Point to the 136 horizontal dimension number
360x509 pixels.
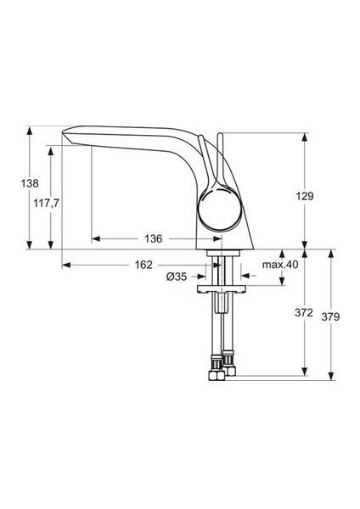coord(154,238)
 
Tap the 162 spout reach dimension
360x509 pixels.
coord(144,265)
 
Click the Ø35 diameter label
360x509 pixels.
coord(176,277)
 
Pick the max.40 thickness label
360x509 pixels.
coord(280,265)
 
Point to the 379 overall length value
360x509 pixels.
coord(332,316)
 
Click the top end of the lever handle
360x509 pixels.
coord(218,136)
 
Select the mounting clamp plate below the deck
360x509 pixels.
coord(224,290)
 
